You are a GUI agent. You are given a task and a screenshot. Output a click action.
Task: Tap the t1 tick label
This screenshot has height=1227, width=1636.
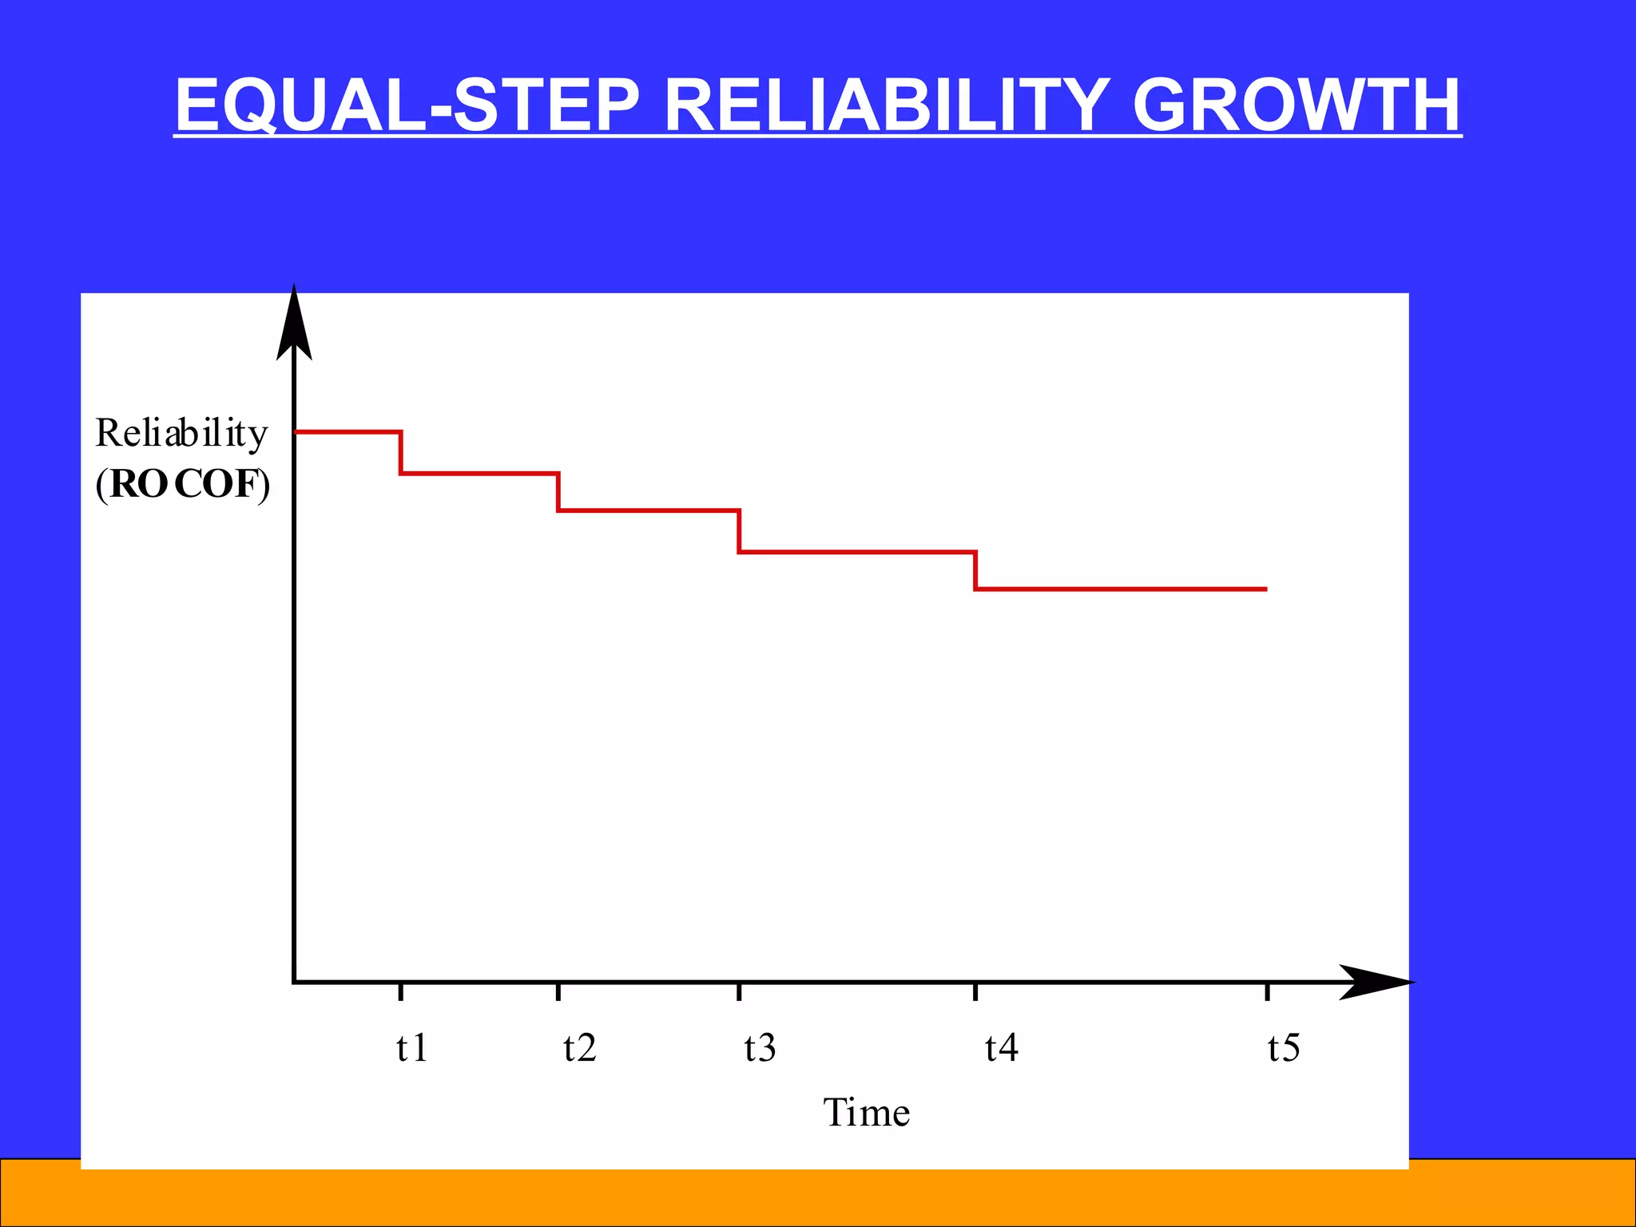point(412,1047)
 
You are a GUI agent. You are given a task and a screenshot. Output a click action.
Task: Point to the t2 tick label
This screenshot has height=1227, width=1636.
point(579,1047)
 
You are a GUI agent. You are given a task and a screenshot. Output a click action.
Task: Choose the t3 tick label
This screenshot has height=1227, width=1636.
point(760,1047)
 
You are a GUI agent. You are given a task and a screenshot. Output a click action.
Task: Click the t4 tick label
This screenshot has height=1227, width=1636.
point(1001,1047)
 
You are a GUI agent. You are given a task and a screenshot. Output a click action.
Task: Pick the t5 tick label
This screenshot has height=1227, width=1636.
point(1284,1047)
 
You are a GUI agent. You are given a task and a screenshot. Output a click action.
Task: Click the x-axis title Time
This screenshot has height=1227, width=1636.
point(867,1112)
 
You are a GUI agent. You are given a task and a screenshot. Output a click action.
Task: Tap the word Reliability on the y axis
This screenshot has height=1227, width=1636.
point(181,433)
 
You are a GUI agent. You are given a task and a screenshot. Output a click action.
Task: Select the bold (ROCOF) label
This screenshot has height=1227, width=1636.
point(183,484)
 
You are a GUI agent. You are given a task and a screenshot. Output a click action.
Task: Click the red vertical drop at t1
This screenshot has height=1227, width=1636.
point(400,453)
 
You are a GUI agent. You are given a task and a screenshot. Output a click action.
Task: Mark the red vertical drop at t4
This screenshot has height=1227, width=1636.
point(975,570)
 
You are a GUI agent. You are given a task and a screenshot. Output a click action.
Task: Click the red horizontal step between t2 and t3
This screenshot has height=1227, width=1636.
point(649,510)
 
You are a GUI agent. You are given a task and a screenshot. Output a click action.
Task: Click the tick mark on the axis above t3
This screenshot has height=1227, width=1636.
point(739,992)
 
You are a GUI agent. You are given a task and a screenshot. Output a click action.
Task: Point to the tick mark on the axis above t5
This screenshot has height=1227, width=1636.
point(1267,992)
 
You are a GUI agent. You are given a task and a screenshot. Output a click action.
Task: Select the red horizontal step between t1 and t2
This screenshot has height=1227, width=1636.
point(479,474)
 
